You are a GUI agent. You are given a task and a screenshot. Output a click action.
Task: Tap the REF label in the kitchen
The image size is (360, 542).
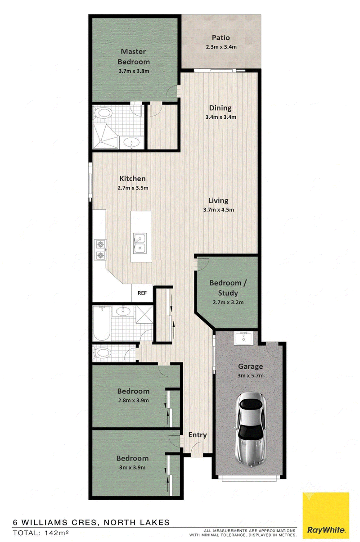tap(142, 293)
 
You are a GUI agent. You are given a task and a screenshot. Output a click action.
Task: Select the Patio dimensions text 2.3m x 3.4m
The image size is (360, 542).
tap(221, 47)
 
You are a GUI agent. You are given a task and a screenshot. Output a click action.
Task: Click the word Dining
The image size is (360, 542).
tap(220, 108)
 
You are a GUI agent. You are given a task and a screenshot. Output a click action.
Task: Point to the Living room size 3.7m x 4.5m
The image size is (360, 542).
tap(218, 209)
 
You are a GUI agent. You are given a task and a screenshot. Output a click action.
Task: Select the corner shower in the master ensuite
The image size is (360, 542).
tap(106, 136)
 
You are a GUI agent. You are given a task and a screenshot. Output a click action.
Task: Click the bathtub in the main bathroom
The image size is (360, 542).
tap(102, 323)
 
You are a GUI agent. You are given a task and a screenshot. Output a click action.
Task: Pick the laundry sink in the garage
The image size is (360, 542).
tap(243, 338)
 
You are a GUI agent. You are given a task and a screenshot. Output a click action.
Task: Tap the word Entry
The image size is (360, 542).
tap(198, 435)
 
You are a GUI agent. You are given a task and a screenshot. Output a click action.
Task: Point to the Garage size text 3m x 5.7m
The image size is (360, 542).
tap(250, 375)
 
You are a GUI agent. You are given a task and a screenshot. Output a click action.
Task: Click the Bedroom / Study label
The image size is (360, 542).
tap(228, 288)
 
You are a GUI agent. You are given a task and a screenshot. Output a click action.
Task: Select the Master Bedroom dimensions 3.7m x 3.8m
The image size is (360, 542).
tap(134, 71)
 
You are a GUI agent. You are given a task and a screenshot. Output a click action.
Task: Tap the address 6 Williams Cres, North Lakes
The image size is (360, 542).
tap(91, 522)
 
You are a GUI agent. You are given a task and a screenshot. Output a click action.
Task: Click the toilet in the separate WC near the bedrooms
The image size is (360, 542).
tap(103, 353)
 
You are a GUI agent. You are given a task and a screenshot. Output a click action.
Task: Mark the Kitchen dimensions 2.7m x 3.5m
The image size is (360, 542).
tap(133, 188)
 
